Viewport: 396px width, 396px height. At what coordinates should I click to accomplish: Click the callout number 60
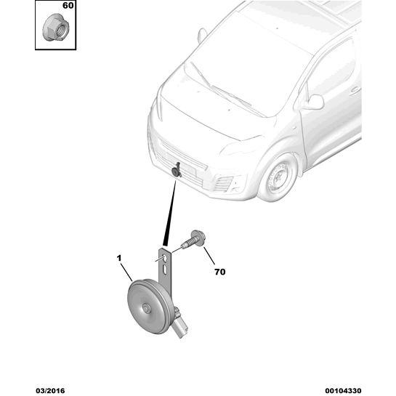tap(68, 6)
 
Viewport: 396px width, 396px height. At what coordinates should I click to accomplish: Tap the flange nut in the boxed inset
tap(56, 28)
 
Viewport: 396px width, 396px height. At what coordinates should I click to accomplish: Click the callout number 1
tap(119, 258)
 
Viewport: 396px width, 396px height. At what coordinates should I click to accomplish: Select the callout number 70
tap(219, 272)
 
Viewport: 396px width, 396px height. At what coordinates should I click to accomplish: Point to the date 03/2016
tap(50, 391)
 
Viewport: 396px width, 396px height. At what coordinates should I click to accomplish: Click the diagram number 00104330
tap(343, 391)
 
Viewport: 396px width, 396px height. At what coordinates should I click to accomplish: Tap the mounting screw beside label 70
tap(195, 240)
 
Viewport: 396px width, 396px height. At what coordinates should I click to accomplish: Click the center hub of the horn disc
tap(146, 308)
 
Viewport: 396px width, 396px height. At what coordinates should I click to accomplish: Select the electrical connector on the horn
tap(180, 324)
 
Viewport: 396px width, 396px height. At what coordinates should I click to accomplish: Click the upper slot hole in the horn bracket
tap(164, 258)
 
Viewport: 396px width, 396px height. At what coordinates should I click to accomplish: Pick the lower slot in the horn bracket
tap(165, 270)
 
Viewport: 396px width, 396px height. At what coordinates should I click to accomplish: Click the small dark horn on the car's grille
tap(176, 171)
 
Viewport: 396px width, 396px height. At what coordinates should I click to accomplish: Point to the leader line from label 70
tap(209, 256)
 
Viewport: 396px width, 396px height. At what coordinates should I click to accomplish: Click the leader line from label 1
tap(126, 272)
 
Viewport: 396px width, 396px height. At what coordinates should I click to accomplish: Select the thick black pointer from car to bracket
tap(171, 213)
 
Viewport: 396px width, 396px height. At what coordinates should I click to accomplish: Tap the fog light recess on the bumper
tap(225, 184)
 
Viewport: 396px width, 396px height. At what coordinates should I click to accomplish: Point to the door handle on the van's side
tap(355, 90)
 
